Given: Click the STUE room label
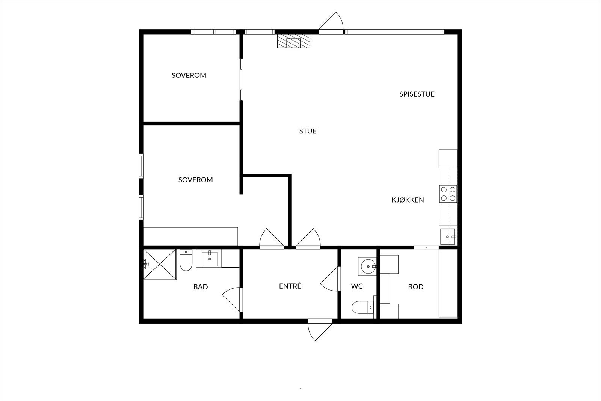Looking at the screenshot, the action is pyautogui.click(x=308, y=131).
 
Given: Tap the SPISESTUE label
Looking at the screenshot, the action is pyautogui.click(x=417, y=94).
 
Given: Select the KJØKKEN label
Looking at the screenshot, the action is pyautogui.click(x=408, y=200).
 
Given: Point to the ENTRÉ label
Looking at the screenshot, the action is pyautogui.click(x=290, y=286).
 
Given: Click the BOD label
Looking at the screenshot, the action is pyautogui.click(x=415, y=287).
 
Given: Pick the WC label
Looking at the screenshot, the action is pyautogui.click(x=357, y=286).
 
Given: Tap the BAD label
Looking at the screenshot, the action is pyautogui.click(x=201, y=287).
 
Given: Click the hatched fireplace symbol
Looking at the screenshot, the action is pyautogui.click(x=293, y=41).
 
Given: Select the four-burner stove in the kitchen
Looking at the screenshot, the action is pyautogui.click(x=448, y=194).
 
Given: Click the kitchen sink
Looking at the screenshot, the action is pyautogui.click(x=447, y=237).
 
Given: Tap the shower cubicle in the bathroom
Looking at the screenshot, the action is pyautogui.click(x=160, y=264).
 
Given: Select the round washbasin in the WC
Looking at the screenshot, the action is pyautogui.click(x=368, y=266).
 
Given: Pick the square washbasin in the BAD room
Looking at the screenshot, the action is pyautogui.click(x=209, y=259).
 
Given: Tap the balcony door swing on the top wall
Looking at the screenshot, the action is pyautogui.click(x=331, y=23).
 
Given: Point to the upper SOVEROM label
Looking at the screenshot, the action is pyautogui.click(x=189, y=76).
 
